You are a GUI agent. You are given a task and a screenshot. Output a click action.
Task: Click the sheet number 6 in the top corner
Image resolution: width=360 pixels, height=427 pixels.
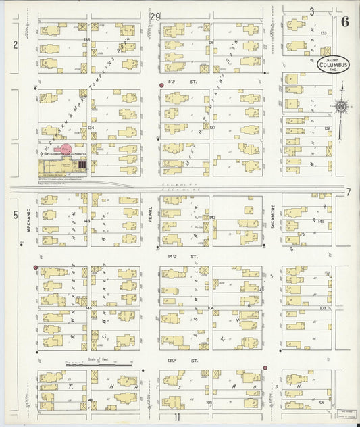pos(345,20)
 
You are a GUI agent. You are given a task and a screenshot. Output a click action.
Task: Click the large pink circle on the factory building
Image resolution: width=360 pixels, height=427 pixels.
pos(66,149)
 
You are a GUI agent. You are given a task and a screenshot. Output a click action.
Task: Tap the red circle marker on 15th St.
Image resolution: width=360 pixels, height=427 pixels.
pos(161,86)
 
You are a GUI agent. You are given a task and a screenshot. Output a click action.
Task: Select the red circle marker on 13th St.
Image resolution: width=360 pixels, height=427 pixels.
pos(265,368)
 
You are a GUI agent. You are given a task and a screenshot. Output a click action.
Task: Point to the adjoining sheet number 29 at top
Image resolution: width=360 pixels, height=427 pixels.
pos(156,16)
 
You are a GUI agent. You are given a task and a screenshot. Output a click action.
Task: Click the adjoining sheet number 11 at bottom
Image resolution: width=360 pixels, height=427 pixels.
pos(177,417)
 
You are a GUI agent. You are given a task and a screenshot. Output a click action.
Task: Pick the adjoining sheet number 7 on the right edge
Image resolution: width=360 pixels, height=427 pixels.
pos(349,192)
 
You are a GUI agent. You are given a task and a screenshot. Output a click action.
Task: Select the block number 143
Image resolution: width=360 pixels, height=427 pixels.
pos(86,220)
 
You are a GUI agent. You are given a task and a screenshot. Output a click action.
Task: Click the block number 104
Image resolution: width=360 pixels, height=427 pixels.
pos(211,307)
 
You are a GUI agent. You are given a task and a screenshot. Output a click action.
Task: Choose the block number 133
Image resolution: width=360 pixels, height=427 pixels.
pos(324,33)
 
